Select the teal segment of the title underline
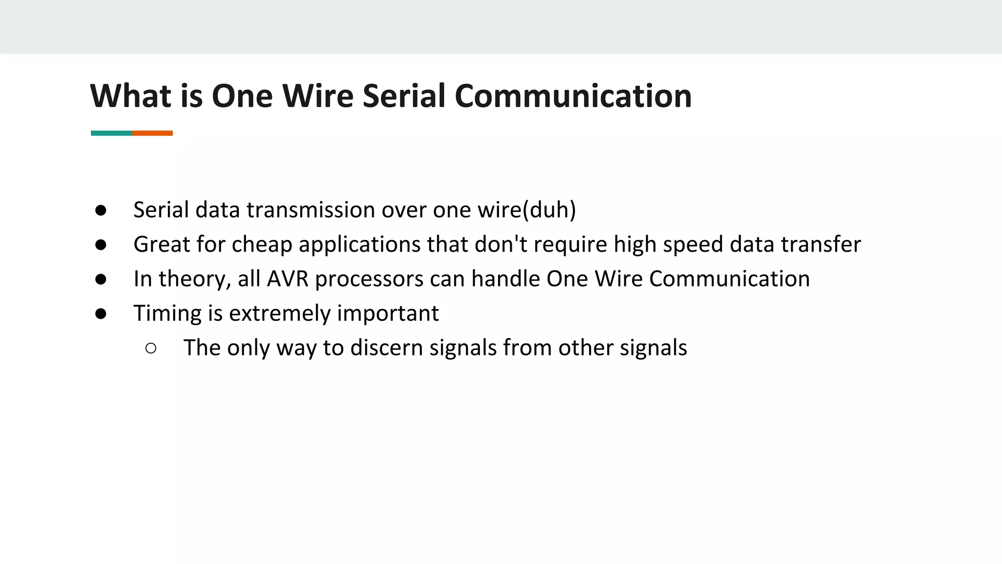(x=112, y=133)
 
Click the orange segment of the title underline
(x=152, y=133)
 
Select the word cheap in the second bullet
(x=262, y=244)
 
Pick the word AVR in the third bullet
(x=288, y=279)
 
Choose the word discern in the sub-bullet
(x=387, y=348)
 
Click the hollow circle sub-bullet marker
(x=151, y=348)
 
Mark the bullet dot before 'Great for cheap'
(x=101, y=245)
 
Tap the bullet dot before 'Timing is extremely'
(x=101, y=314)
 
